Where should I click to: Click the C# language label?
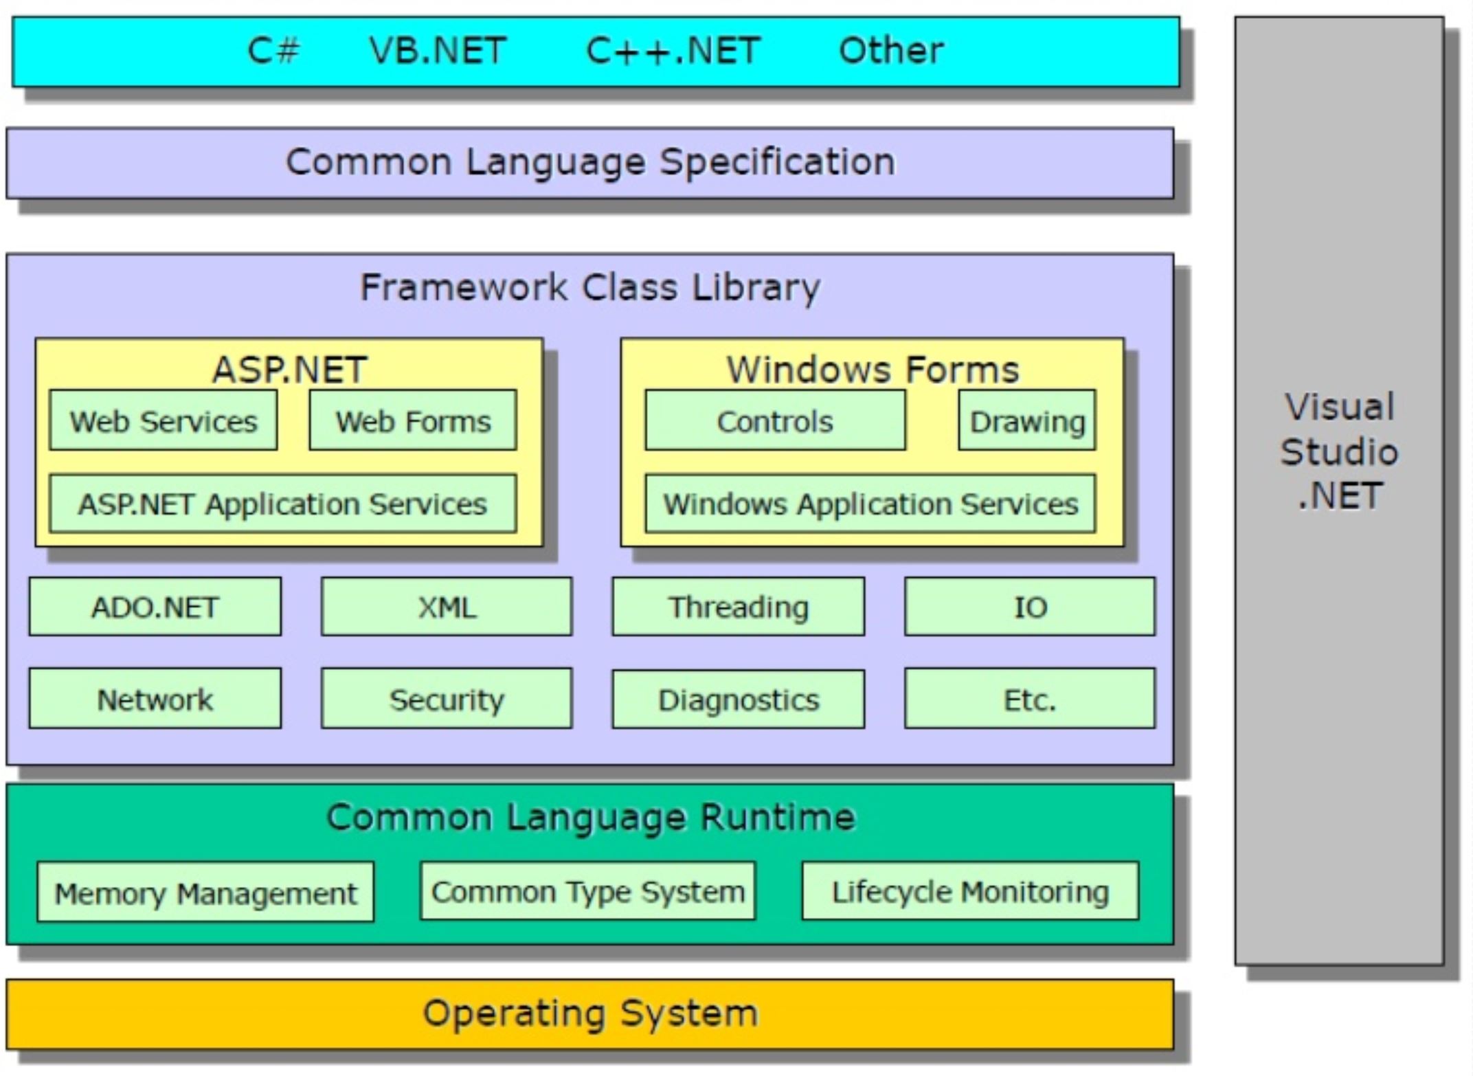coord(273,51)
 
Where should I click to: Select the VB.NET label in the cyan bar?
coord(438,51)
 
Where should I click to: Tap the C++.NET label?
coord(673,51)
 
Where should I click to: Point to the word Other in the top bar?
coord(891,51)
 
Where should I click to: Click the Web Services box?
coord(164,421)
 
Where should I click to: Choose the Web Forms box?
coord(413,421)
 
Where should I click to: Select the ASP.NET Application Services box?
coord(283,504)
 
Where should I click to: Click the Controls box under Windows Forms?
coord(775,421)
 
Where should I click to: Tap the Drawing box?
coord(1026,421)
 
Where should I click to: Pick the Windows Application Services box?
coord(870,504)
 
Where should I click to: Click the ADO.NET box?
coord(155,607)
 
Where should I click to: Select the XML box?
coord(447,607)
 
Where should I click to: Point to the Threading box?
coord(739,607)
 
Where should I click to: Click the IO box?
coord(1030,607)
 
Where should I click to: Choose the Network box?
coord(155,699)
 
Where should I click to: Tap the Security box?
coord(447,699)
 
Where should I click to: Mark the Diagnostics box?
coord(739,699)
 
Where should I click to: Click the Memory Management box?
coord(206,892)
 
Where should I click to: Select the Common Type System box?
coord(587,891)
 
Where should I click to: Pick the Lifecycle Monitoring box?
coord(970,891)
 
